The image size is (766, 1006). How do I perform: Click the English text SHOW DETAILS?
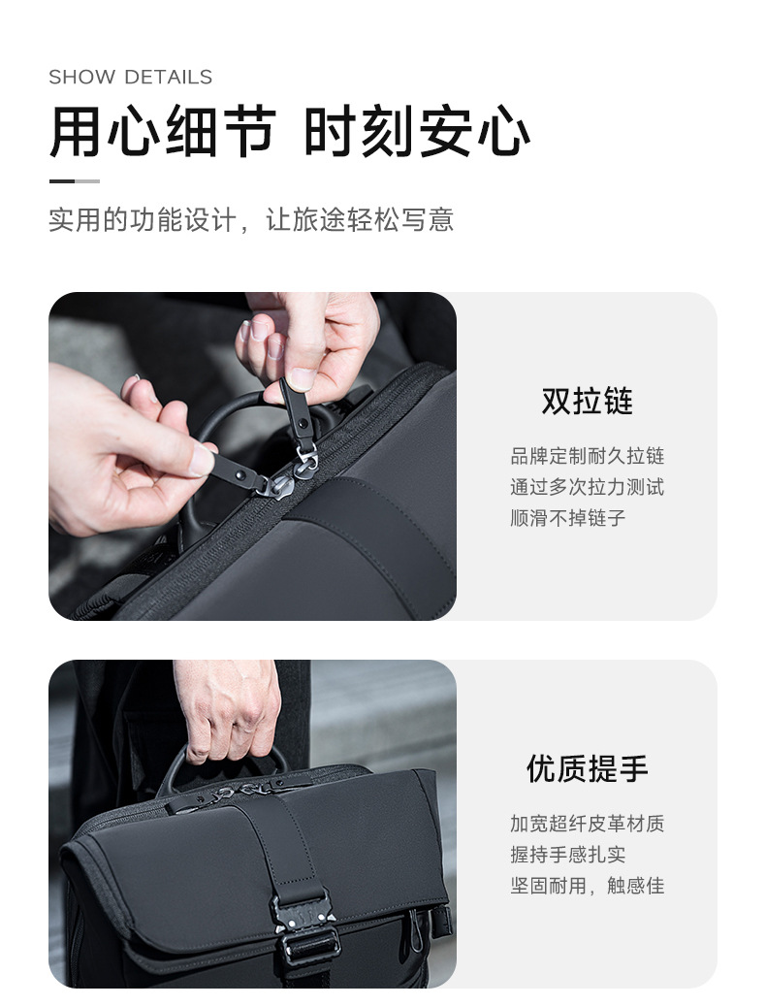[130, 77]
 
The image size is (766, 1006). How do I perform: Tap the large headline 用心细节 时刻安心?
[290, 132]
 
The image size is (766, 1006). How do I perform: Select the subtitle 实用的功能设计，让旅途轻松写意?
[251, 220]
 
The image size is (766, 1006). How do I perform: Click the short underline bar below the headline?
[75, 181]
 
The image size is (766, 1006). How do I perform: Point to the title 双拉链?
[588, 402]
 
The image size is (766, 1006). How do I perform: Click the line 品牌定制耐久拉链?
[588, 456]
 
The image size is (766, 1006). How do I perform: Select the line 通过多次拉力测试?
[588, 487]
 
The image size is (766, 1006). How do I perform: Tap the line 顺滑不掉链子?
[568, 518]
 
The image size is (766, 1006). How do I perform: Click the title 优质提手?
[588, 768]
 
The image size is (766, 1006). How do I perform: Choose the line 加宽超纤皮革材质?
[588, 824]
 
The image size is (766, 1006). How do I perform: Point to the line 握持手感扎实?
[568, 855]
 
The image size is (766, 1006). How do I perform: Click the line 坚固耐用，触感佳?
[588, 886]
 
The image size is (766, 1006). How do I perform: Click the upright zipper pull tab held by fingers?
[297, 409]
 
